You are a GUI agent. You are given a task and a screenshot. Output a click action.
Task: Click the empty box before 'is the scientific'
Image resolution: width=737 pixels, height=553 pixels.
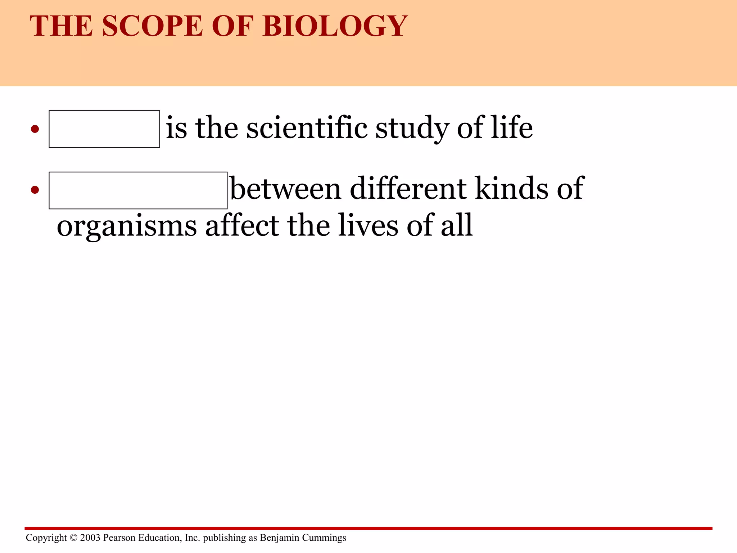click(x=104, y=129)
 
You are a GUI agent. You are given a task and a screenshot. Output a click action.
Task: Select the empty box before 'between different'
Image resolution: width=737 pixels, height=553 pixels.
click(x=138, y=190)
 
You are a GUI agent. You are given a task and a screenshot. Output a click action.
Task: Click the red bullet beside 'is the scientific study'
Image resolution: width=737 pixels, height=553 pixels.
click(x=35, y=129)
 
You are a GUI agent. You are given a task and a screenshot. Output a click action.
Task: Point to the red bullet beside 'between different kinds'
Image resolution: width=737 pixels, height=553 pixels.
click(x=35, y=190)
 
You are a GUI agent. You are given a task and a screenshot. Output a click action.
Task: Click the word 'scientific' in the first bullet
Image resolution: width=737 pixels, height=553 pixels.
click(x=307, y=128)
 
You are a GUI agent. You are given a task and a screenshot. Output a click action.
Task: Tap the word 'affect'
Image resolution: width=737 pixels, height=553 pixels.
click(x=242, y=226)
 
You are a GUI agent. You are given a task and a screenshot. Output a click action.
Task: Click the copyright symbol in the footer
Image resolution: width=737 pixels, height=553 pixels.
click(x=73, y=538)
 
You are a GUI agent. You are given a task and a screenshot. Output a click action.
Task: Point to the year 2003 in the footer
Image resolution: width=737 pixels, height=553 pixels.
click(x=90, y=538)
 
